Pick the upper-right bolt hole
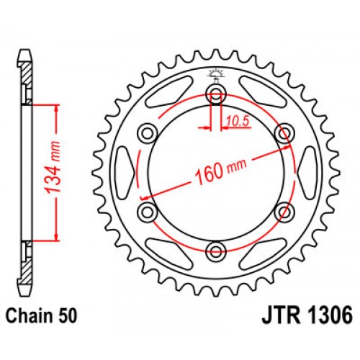click(284, 132)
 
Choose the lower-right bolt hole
click(284, 212)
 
